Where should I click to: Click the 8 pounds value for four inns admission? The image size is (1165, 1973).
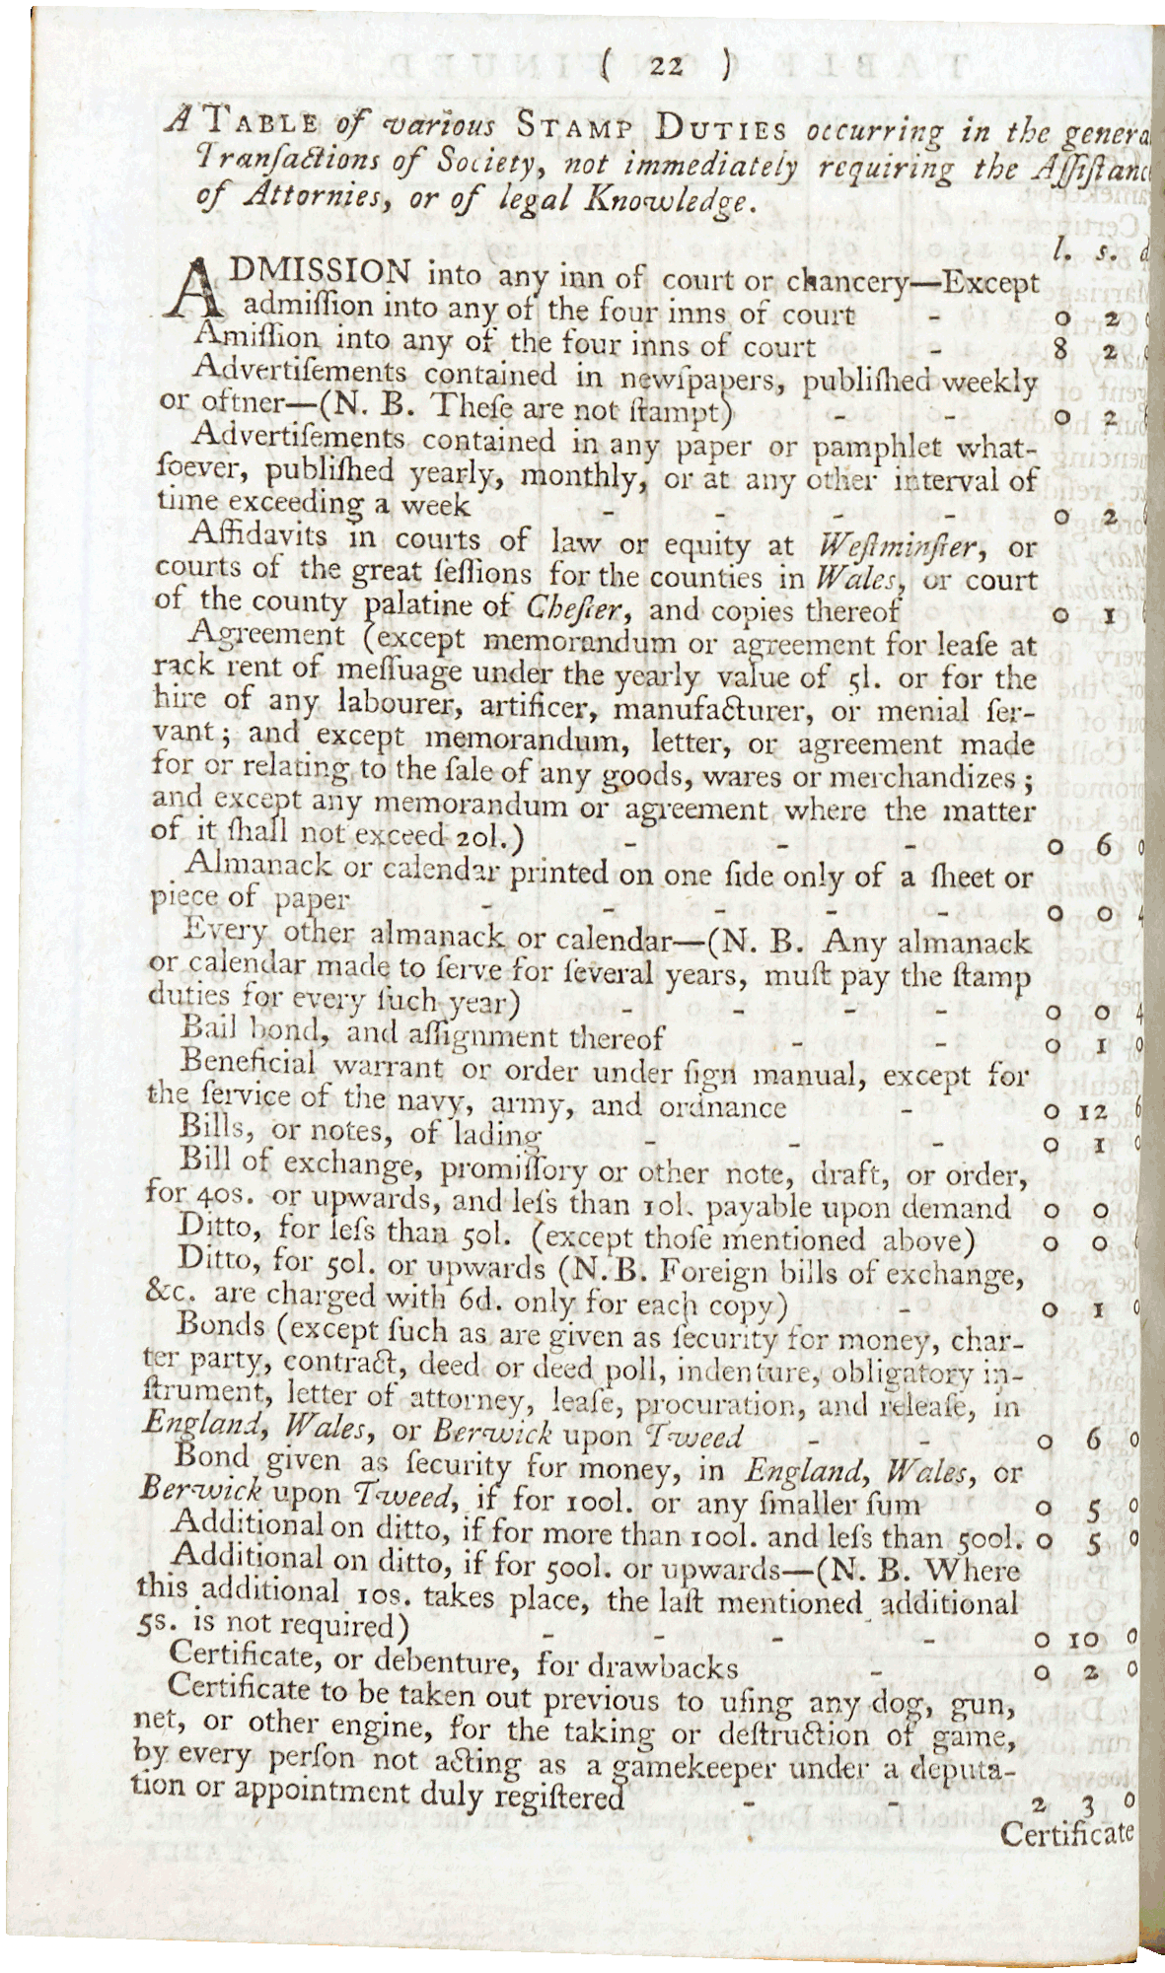pos(1060,348)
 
